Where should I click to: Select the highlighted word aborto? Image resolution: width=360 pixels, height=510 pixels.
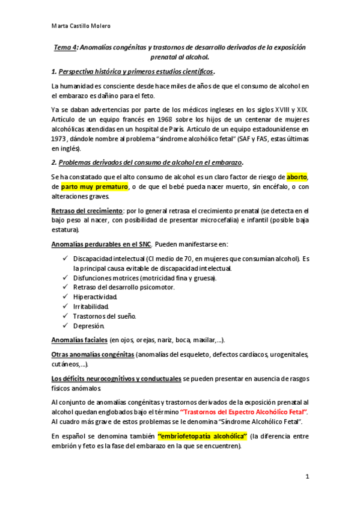[x=297, y=177]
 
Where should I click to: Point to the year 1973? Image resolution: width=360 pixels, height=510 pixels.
[x=61, y=138]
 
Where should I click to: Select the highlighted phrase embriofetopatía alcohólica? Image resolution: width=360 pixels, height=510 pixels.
[x=203, y=435]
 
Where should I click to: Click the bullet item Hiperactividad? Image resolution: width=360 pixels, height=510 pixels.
[x=94, y=297]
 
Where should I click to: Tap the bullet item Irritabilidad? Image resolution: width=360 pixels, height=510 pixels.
[x=91, y=307]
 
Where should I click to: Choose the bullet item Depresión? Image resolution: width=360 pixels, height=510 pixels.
[x=89, y=326]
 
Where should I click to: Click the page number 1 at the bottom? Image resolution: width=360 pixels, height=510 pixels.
[x=307, y=477]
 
